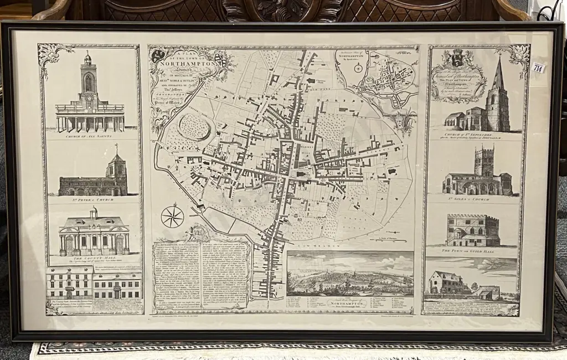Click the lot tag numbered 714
tap(538, 68)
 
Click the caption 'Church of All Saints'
tap(90, 136)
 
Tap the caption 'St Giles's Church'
tap(476, 198)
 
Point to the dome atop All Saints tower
tap(87, 58)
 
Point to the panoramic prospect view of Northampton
tap(350, 274)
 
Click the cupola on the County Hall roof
tap(94, 213)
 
